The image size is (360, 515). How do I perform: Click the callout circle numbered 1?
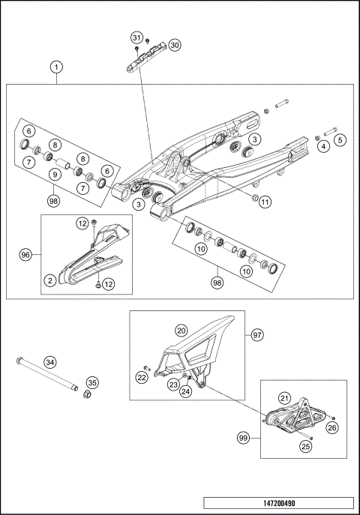tap(57, 67)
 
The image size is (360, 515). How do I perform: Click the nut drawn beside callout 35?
tap(86, 395)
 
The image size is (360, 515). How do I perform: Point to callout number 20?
tap(181, 330)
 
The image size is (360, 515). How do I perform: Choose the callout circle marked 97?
tap(256, 334)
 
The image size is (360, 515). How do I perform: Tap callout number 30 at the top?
tap(175, 45)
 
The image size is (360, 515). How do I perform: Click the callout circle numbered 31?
tap(136, 37)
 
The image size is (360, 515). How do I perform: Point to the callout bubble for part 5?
tap(340, 139)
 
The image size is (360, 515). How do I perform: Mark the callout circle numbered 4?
tap(324, 147)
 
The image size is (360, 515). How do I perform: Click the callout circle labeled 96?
tap(26, 255)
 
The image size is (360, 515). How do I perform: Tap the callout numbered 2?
tap(49, 280)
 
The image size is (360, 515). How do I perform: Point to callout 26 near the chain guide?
tap(332, 428)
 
